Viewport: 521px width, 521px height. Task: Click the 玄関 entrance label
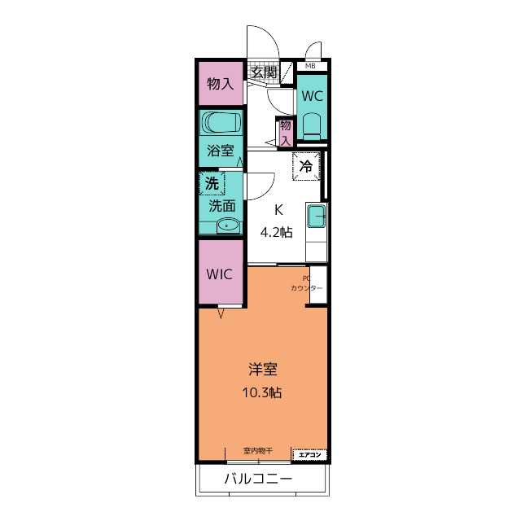[x=264, y=72]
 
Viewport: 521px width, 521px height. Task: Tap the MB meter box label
[x=310, y=66]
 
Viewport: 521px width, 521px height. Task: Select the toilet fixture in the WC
[x=312, y=127]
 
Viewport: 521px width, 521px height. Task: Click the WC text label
[x=313, y=96]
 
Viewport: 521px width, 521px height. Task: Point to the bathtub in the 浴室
[x=221, y=122]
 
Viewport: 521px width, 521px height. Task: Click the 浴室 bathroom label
[x=221, y=151]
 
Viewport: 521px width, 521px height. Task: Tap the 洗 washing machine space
[x=212, y=183]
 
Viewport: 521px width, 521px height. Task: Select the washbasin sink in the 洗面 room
[x=228, y=226]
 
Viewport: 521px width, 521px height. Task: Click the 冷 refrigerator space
[x=306, y=166]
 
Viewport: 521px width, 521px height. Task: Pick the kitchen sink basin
[x=316, y=216]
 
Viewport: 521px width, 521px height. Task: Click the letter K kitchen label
[x=278, y=210]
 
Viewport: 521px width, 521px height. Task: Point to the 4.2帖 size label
[x=277, y=232]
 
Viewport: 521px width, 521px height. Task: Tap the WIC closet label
[x=219, y=274]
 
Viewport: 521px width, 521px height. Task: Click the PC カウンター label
[x=306, y=283]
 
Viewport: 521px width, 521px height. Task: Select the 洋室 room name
[x=263, y=369]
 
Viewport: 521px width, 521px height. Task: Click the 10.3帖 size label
[x=262, y=392]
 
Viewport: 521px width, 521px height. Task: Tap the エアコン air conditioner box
[x=309, y=454]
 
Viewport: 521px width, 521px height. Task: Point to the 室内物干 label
[x=258, y=451]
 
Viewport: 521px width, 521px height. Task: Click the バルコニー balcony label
[x=259, y=479]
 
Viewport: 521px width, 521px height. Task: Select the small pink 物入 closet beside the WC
[x=286, y=133]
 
